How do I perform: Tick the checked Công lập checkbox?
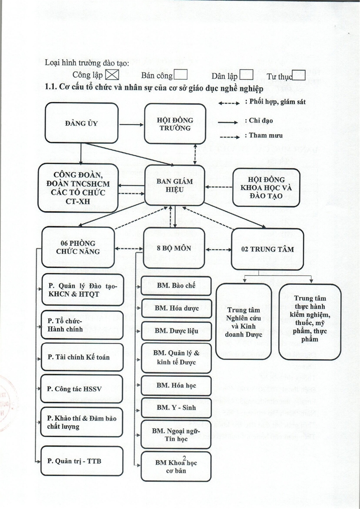pyautogui.click(x=112, y=75)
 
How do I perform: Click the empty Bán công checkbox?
pyautogui.click(x=181, y=75)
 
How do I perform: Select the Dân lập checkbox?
pyautogui.click(x=246, y=75)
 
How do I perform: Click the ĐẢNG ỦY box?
pyautogui.click(x=81, y=123)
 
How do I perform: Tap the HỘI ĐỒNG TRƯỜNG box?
pyautogui.click(x=175, y=124)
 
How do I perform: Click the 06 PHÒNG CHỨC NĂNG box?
pyautogui.click(x=78, y=247)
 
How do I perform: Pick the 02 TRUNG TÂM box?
pyautogui.click(x=267, y=249)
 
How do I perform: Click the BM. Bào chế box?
pyautogui.click(x=176, y=285)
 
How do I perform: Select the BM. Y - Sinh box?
pyautogui.click(x=176, y=408)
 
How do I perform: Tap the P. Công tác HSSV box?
pyautogui.click(x=82, y=389)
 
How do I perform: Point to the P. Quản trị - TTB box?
pyautogui.click(x=82, y=461)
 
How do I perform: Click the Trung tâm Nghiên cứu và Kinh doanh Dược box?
pyautogui.click(x=243, y=322)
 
